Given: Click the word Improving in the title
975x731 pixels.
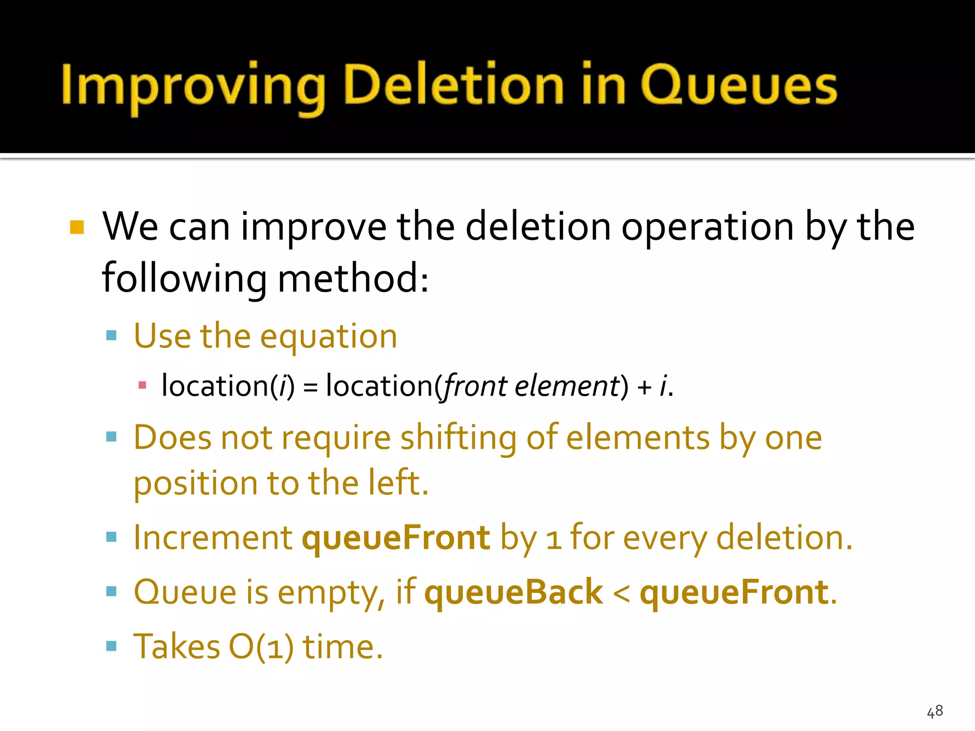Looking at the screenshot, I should (193, 86).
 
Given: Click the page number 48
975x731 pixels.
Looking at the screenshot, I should (935, 711).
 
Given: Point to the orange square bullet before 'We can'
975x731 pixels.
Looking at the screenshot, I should (77, 227).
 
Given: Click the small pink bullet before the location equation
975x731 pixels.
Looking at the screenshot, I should (142, 385).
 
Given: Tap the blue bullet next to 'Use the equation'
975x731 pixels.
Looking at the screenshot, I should (111, 335).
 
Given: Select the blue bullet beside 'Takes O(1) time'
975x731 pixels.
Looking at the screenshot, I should (111, 645).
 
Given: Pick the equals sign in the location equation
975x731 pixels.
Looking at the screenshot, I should (310, 386).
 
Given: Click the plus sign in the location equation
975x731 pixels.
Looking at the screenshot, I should (645, 386).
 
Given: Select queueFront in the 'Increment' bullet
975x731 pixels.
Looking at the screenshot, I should (396, 538).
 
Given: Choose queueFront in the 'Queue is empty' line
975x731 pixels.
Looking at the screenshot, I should (734, 592).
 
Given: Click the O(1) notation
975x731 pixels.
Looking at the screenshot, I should (261, 646).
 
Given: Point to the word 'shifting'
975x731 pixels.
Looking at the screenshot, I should (458, 438).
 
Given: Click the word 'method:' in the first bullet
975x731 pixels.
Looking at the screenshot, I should (353, 278).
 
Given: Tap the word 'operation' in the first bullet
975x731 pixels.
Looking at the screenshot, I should (707, 227).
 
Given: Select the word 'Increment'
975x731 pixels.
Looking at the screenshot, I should (213, 538).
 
